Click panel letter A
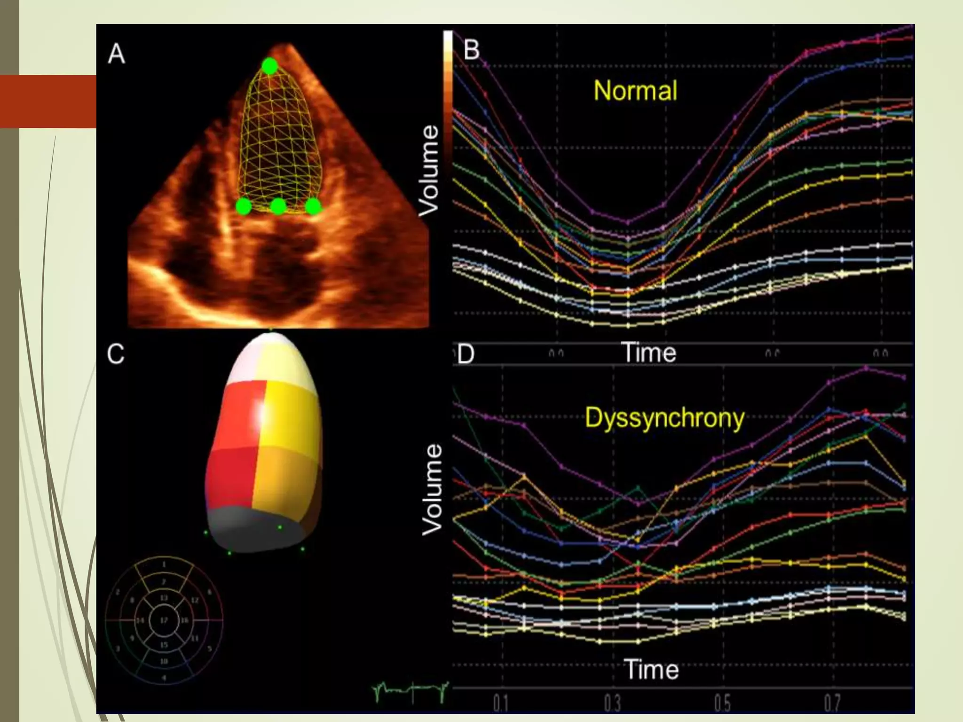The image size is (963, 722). click(x=116, y=54)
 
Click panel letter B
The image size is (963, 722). click(x=471, y=50)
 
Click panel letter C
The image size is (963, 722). click(x=116, y=354)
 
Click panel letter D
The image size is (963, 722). click(x=466, y=354)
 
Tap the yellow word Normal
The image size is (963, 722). click(x=635, y=90)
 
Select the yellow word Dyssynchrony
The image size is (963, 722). click(x=664, y=417)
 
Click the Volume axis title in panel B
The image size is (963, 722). click(x=429, y=170)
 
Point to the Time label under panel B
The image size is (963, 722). click(x=648, y=353)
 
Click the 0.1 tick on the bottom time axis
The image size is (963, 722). click(x=501, y=703)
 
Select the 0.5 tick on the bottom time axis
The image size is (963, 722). click(x=722, y=703)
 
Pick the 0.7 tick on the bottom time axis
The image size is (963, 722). click(x=832, y=703)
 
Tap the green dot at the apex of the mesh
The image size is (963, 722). click(x=269, y=66)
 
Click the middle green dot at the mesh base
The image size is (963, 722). click(x=278, y=206)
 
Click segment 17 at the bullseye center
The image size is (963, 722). click(x=164, y=620)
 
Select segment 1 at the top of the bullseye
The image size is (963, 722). click(x=164, y=564)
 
